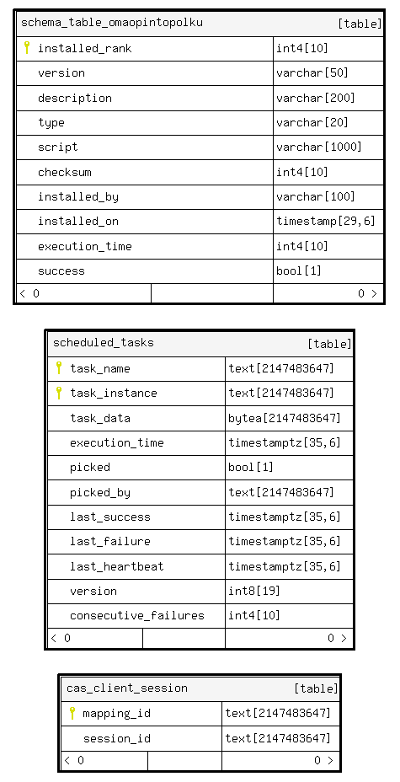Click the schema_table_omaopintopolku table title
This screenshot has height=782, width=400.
point(112,23)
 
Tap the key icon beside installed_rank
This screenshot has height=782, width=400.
point(27,47)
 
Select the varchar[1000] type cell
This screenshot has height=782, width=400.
point(319,147)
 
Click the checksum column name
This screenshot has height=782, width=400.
point(65,172)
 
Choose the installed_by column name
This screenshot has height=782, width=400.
point(78,197)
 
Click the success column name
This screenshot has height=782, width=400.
point(61,271)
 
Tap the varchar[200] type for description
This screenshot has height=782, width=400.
point(316,98)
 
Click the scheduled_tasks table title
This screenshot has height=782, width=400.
point(103,343)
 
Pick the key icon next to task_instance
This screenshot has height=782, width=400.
point(59,393)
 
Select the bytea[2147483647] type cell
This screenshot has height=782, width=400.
point(285,418)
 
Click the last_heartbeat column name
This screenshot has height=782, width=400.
point(116,566)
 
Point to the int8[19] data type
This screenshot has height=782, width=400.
point(254,591)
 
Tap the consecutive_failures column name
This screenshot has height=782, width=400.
point(137,615)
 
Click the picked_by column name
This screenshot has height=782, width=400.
point(100,492)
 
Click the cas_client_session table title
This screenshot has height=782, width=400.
point(127,688)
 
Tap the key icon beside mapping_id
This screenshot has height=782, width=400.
point(72,713)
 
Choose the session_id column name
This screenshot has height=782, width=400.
point(117,738)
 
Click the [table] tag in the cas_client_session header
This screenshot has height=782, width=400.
point(316,688)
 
